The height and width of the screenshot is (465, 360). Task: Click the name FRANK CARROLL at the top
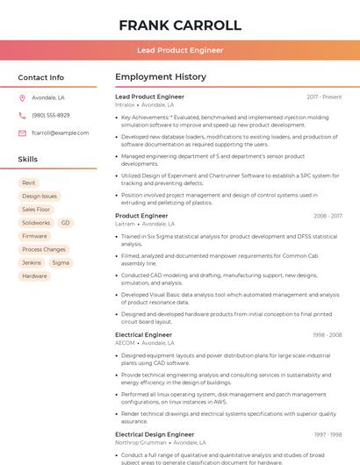(x=180, y=25)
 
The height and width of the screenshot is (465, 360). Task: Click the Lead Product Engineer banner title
(x=180, y=50)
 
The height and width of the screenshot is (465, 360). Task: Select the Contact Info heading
(x=40, y=77)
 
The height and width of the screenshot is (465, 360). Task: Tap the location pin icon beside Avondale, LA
(x=22, y=98)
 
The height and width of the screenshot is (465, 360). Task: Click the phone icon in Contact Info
(x=22, y=115)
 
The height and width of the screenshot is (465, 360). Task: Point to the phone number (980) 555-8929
(x=51, y=115)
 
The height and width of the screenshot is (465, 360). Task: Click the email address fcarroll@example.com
(x=61, y=132)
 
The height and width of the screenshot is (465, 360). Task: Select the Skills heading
(x=28, y=160)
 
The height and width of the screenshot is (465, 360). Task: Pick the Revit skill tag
(x=29, y=183)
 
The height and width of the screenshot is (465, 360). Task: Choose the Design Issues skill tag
(x=40, y=197)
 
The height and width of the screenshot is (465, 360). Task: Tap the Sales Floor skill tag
(x=36, y=210)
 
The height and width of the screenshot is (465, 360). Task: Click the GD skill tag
(x=66, y=223)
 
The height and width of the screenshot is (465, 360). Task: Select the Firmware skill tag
(x=35, y=236)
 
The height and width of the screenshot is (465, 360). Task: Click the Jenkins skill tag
(x=32, y=262)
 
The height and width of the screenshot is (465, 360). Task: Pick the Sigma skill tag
(x=61, y=262)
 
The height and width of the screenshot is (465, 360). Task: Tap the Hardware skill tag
(x=35, y=275)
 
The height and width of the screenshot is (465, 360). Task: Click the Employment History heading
(x=161, y=77)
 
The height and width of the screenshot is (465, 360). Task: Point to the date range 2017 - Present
(x=324, y=97)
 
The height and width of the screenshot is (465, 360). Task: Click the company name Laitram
(x=126, y=224)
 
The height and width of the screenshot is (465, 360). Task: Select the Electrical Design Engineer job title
(x=155, y=434)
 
